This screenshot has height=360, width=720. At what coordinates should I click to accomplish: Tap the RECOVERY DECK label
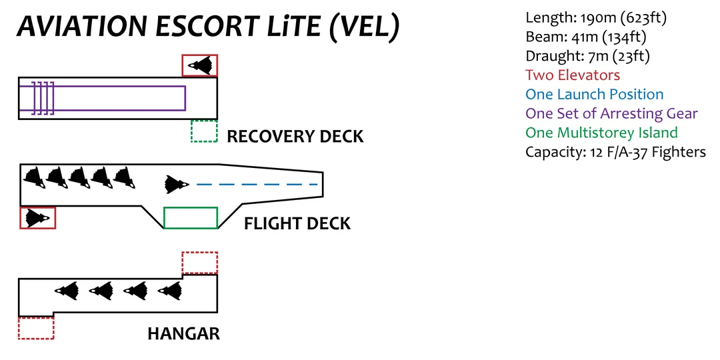pyautogui.click(x=295, y=137)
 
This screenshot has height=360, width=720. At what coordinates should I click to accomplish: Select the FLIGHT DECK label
pyautogui.click(x=297, y=223)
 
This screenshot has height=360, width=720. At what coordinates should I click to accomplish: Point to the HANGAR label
pyautogui.click(x=183, y=333)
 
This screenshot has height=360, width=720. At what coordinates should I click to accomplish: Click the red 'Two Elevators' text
pyautogui.click(x=572, y=75)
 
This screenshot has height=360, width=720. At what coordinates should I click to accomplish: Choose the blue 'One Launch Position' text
pyautogui.click(x=594, y=95)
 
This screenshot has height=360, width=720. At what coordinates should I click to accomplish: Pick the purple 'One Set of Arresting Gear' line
pyautogui.click(x=611, y=113)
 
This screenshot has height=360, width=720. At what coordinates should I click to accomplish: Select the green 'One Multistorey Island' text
pyautogui.click(x=601, y=133)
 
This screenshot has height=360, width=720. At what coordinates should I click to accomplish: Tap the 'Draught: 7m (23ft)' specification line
pyautogui.click(x=587, y=56)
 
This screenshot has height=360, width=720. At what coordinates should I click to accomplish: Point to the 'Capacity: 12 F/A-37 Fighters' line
pyautogui.click(x=615, y=152)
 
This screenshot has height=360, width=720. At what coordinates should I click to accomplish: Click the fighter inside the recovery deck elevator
pyautogui.click(x=200, y=65)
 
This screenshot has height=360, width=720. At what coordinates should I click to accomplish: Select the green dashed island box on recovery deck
pyautogui.click(x=204, y=131)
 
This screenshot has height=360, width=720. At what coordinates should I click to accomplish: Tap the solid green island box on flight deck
pyautogui.click(x=191, y=218)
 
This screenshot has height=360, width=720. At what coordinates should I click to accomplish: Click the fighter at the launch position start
pyautogui.click(x=177, y=184)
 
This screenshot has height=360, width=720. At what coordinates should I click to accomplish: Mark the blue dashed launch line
pyautogui.click(x=257, y=184)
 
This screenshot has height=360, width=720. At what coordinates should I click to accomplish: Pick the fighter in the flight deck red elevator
pyautogui.click(x=37, y=217)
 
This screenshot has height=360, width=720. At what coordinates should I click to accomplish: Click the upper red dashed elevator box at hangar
pyautogui.click(x=200, y=263)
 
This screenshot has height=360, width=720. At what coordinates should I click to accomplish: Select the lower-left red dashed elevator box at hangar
pyautogui.click(x=36, y=328)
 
